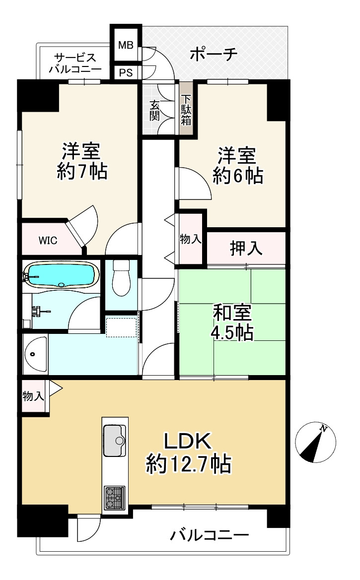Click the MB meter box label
[126, 46]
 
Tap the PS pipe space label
[126, 72]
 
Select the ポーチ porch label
[214, 55]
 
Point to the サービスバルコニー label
[75, 63]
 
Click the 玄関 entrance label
[155, 110]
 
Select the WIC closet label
[48, 241]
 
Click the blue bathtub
[61, 274]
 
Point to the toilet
[121, 277]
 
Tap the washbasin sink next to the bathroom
[36, 354]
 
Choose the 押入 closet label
[246, 248]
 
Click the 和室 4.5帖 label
[232, 322]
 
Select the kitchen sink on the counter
[115, 440]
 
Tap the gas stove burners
[115, 498]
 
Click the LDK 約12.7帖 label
[188, 453]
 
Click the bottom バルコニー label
[209, 535]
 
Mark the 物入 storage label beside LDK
[33, 396]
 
